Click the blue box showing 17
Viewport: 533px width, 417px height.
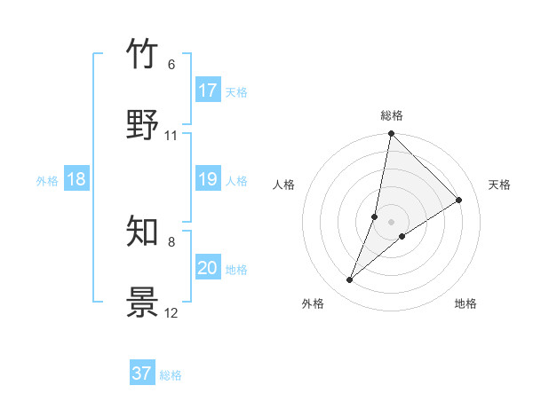[x=208, y=90]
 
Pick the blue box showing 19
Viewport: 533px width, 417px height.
[x=208, y=179]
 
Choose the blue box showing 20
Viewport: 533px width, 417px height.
[x=208, y=268]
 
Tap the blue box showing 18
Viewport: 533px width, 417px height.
[x=76, y=179]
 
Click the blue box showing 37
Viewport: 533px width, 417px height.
[x=142, y=374]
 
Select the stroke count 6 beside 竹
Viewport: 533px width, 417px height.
[x=171, y=65]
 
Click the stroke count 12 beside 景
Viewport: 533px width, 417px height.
[x=171, y=313]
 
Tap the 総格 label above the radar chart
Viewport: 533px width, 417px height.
[x=392, y=115]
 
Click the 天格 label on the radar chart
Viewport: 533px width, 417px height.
[x=499, y=185]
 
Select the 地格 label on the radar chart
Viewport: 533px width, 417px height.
[x=465, y=303]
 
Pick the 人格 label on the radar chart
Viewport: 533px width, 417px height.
[x=284, y=185]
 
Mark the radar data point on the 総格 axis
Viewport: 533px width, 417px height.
[x=391, y=135]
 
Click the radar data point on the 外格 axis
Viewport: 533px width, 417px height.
[x=350, y=280]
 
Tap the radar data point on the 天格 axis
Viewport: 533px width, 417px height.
[x=459, y=201]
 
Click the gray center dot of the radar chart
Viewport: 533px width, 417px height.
[x=391, y=222]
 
